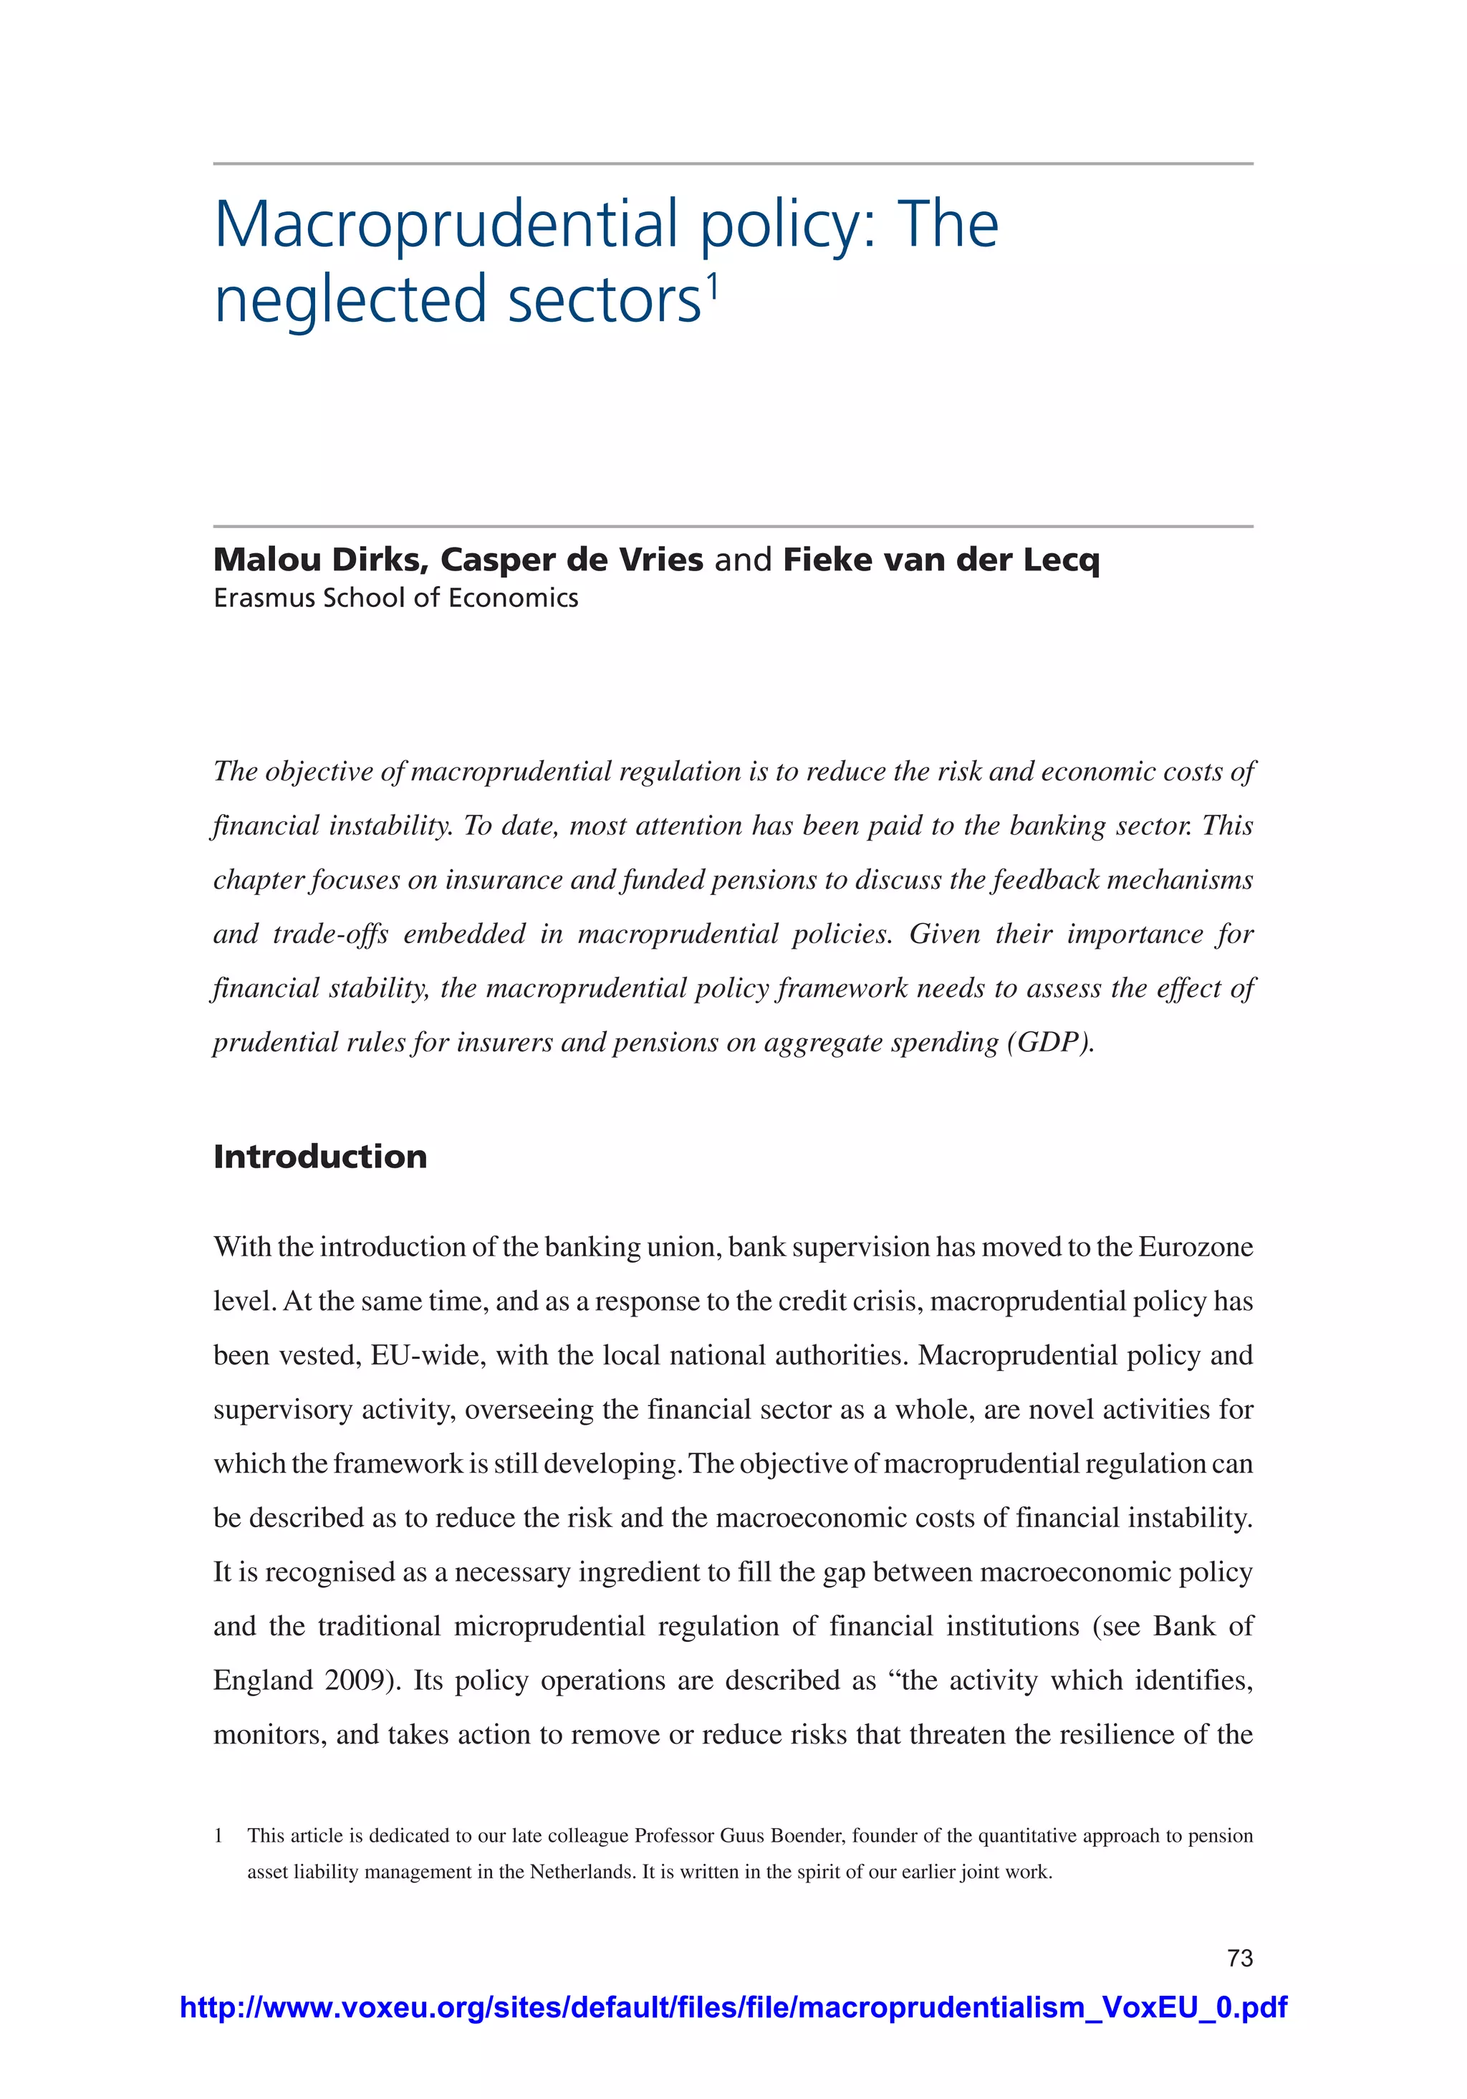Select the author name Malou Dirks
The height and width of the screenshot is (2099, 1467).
click(x=321, y=560)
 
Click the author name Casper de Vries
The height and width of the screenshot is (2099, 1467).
click(x=572, y=560)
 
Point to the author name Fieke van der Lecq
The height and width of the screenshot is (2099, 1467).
click(x=941, y=560)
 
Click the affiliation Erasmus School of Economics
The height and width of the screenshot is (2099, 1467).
click(x=396, y=598)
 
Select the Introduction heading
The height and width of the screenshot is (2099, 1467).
click(x=320, y=1157)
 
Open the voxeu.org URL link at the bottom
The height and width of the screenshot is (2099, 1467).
click(x=733, y=2007)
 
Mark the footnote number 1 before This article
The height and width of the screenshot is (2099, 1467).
click(x=218, y=1835)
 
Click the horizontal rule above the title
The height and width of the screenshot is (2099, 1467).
click(x=733, y=163)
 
